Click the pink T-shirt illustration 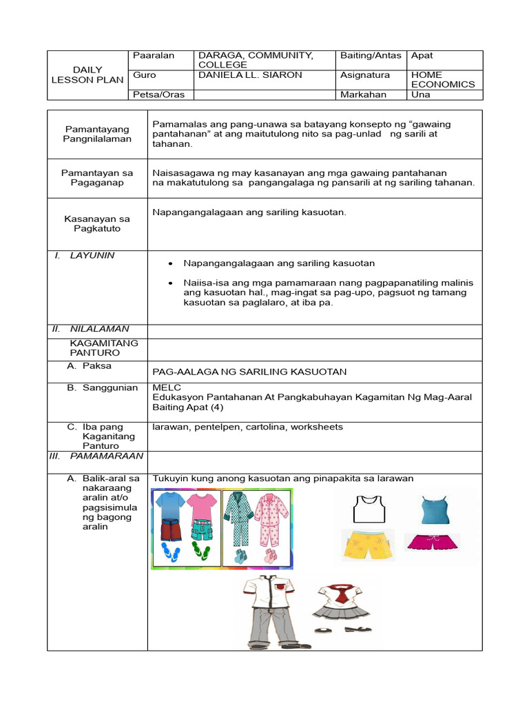pyautogui.click(x=201, y=506)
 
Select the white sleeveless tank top pyautogui.click(x=365, y=510)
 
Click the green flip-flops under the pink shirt pyautogui.click(x=201, y=552)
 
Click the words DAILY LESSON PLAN pyautogui.click(x=87, y=74)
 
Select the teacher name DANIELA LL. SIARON pyautogui.click(x=249, y=75)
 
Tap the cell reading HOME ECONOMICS pyautogui.click(x=442, y=79)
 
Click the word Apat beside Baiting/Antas pyautogui.click(x=422, y=55)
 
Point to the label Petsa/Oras pyautogui.click(x=156, y=94)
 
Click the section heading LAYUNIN pyautogui.click(x=92, y=255)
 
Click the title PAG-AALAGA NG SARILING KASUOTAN pyautogui.click(x=249, y=372)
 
